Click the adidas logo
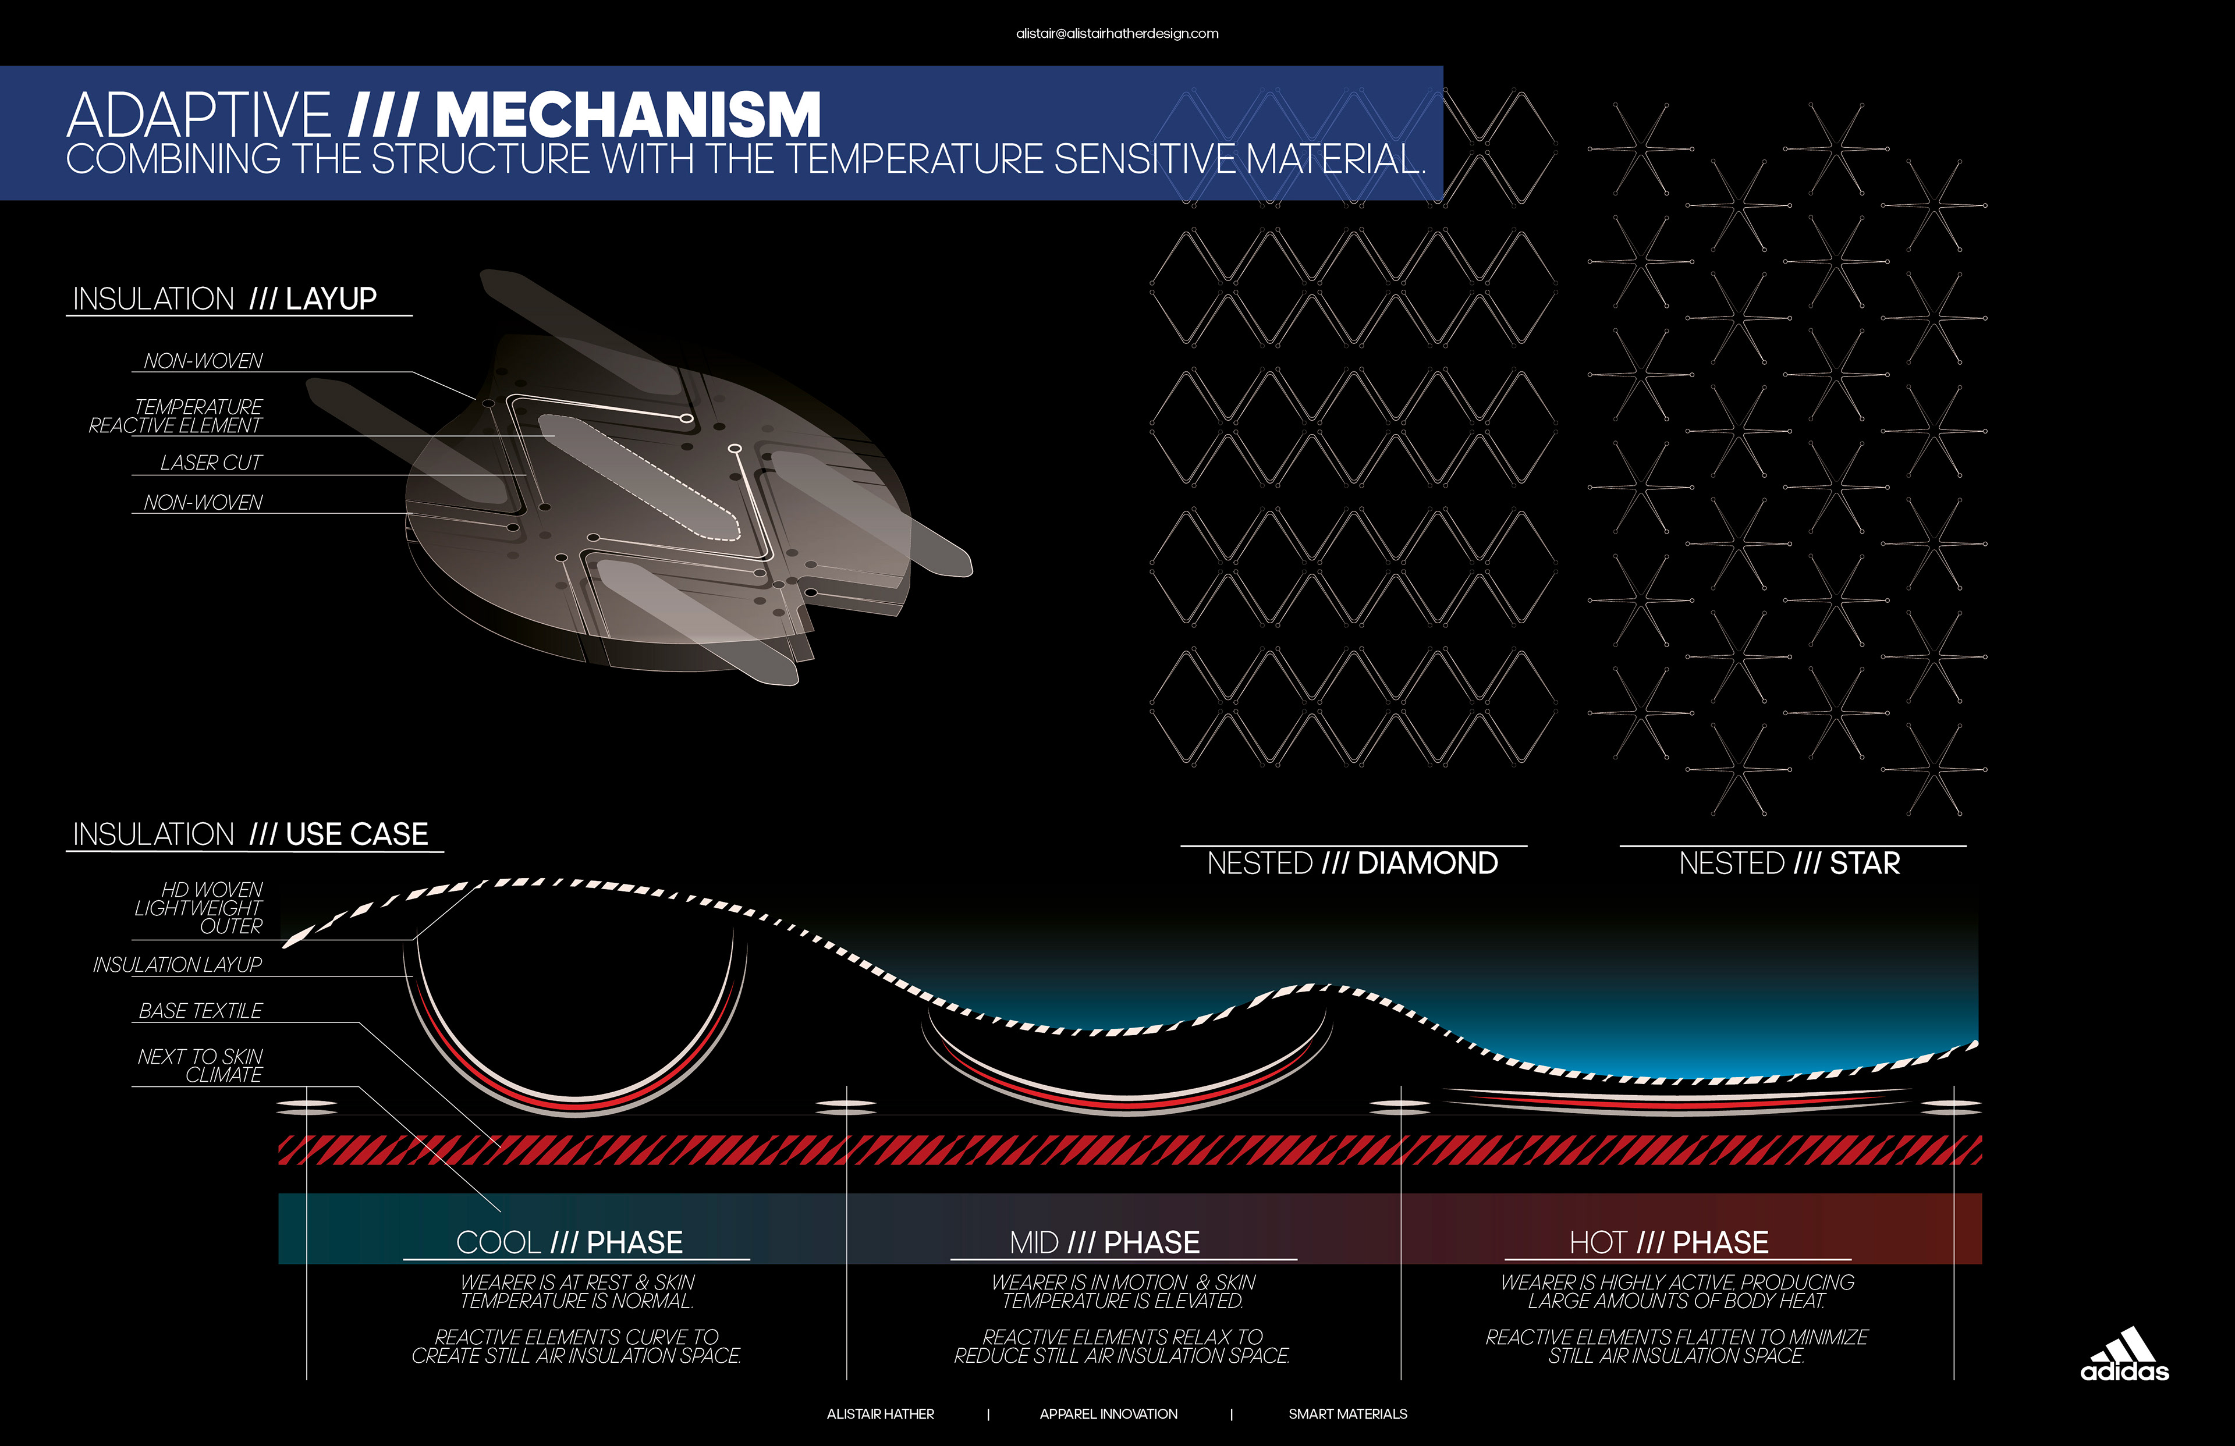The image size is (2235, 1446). [2124, 1355]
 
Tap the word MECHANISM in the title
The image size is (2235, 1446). [628, 115]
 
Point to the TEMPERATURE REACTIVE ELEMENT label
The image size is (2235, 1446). [176, 416]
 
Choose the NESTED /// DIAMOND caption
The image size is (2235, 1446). [1352, 863]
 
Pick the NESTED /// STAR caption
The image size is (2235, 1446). [1789, 863]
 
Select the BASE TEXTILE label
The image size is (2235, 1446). [200, 1010]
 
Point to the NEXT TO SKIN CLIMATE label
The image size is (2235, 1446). [200, 1065]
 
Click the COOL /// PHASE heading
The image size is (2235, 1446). [569, 1242]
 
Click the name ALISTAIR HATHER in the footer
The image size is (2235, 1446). [880, 1414]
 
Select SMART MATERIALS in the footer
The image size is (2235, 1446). [1347, 1414]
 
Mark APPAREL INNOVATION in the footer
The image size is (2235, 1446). [1108, 1414]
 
